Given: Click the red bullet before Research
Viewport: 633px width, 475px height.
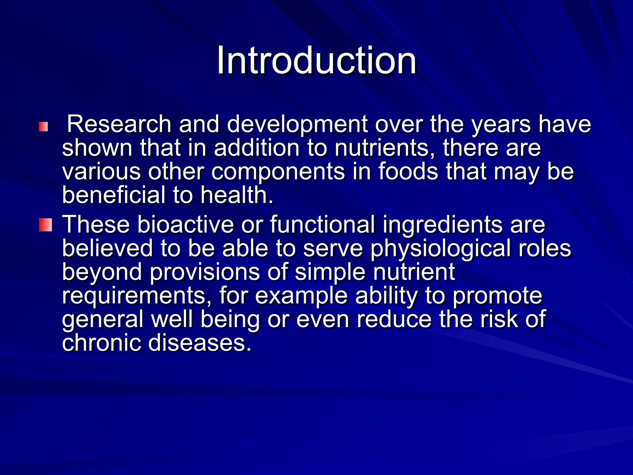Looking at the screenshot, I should coord(43,126).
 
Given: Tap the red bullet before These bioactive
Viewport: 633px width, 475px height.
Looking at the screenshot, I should coord(45,225).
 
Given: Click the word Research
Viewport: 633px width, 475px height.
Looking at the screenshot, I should coord(119,124).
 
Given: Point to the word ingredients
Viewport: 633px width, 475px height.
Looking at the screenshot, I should coord(442,225).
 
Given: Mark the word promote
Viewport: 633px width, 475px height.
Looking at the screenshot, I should coord(497,296).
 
